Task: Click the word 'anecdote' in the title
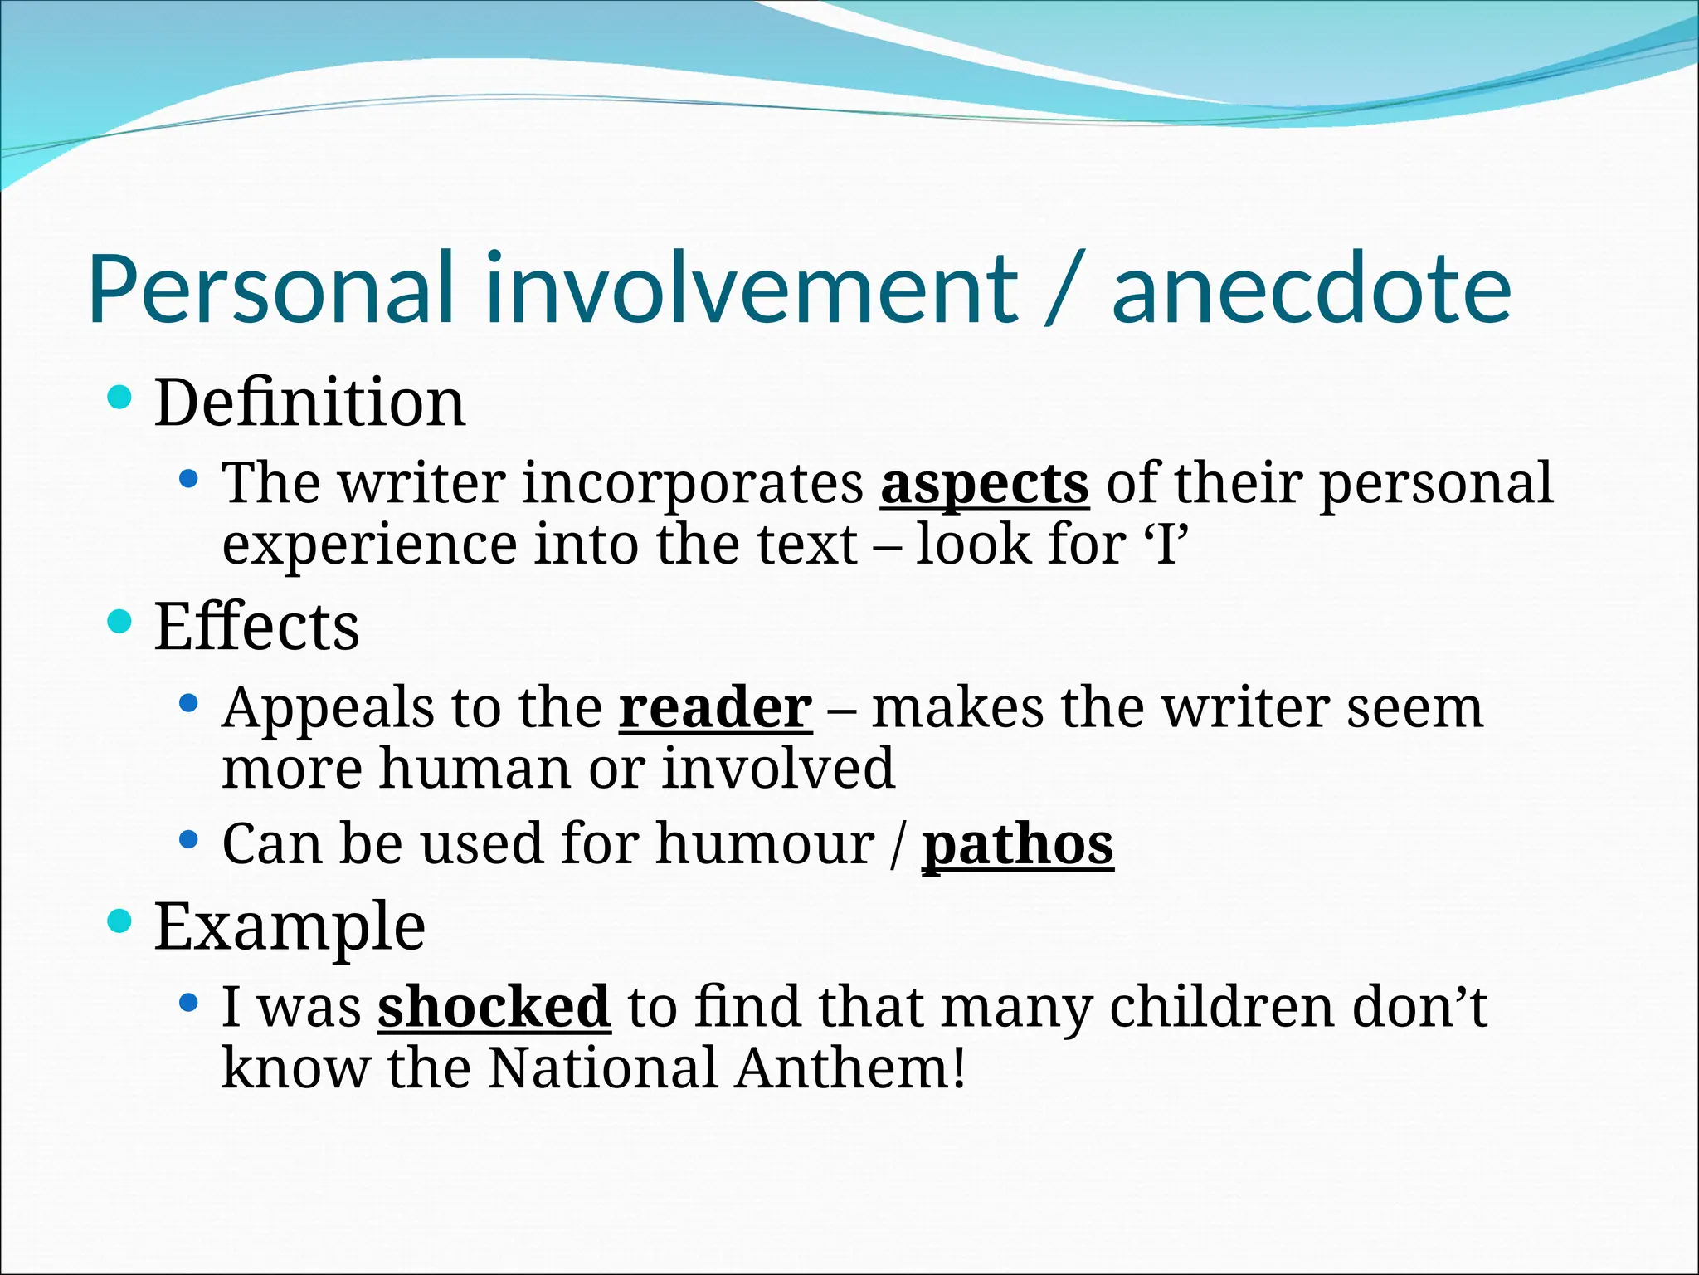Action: [x=1311, y=289]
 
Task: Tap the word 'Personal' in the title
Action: [x=271, y=289]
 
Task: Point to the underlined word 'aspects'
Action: [x=984, y=483]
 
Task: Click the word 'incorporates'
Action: [x=693, y=485]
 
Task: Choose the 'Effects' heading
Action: [x=257, y=626]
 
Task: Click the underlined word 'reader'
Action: [x=715, y=708]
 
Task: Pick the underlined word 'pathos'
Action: [x=1017, y=845]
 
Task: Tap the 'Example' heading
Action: [x=290, y=926]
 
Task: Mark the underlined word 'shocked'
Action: [x=494, y=1006]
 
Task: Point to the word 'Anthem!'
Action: [x=851, y=1067]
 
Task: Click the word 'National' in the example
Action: [x=602, y=1067]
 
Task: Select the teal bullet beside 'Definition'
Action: [x=120, y=398]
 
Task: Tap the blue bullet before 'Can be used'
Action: [x=189, y=840]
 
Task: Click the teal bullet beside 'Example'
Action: [x=120, y=921]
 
